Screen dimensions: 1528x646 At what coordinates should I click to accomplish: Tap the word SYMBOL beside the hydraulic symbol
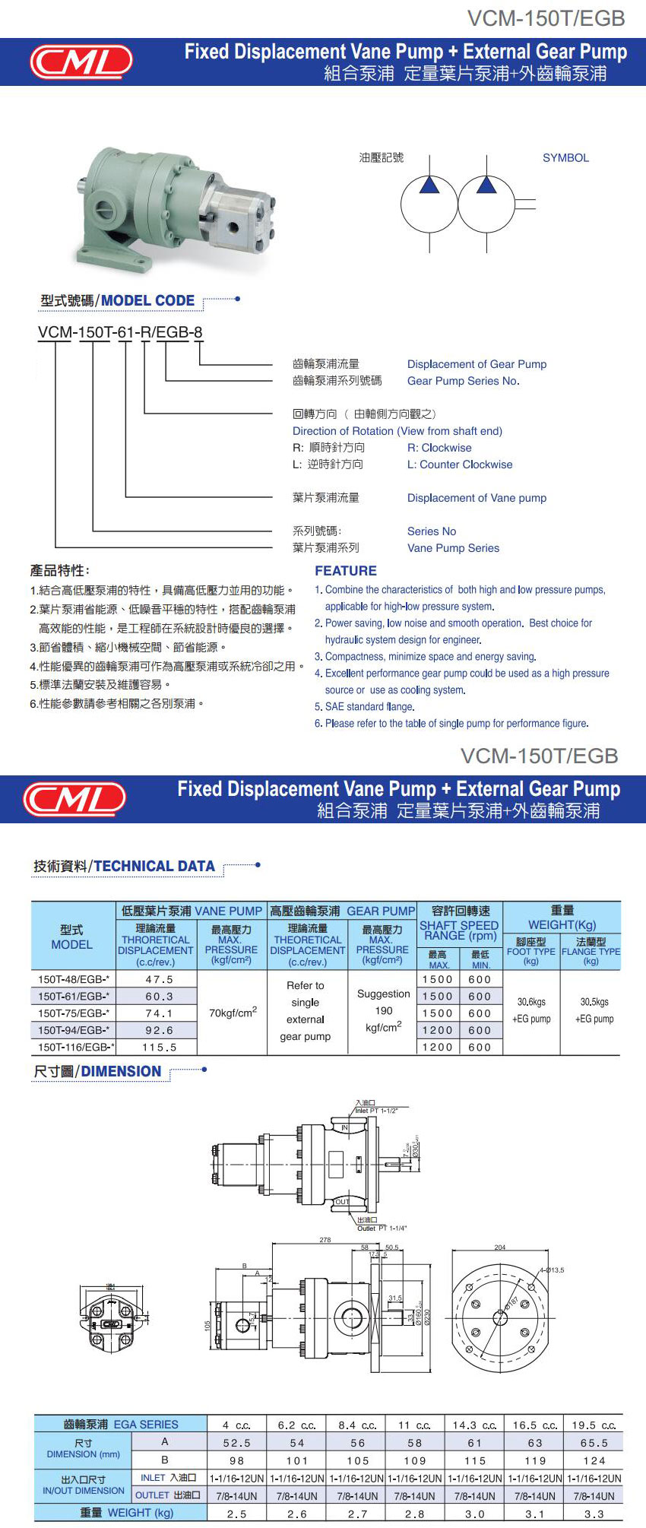[565, 158]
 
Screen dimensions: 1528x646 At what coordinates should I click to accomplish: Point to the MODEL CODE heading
[147, 300]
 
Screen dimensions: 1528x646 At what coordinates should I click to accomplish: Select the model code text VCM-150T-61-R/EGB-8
[120, 332]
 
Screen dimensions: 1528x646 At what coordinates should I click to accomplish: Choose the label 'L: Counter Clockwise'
[460, 464]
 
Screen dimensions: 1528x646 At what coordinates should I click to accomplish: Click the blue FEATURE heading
[346, 571]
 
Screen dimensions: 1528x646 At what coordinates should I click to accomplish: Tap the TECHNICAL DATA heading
[154, 866]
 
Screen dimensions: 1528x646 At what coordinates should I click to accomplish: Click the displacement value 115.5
[159, 1047]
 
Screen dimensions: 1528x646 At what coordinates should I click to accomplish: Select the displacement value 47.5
[159, 980]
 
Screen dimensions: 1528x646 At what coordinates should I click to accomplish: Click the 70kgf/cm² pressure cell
[233, 1013]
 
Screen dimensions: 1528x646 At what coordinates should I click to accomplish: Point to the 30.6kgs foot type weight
[531, 1002]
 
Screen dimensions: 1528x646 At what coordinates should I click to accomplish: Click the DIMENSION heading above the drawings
[121, 1071]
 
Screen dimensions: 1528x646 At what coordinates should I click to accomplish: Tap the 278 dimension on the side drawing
[325, 1240]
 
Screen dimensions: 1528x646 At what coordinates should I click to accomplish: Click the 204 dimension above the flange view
[499, 1247]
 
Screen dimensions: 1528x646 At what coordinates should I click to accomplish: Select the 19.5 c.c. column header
[594, 1425]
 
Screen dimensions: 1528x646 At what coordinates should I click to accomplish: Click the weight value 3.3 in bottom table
[594, 1514]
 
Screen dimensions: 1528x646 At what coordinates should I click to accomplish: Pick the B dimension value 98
[236, 1460]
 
